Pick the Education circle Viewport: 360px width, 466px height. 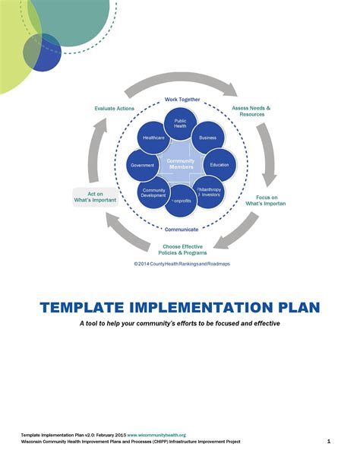219,164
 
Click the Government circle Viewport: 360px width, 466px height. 142,165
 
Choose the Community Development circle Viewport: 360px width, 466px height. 153,193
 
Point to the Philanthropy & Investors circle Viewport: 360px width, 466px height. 210,192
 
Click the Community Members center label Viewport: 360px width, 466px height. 181,163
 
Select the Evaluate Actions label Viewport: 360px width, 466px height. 115,109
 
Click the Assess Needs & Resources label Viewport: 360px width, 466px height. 251,112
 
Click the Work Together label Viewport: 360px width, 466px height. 182,100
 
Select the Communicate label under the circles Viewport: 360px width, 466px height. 182,229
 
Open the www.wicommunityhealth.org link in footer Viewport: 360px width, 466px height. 156,435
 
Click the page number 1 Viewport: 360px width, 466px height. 328,441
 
